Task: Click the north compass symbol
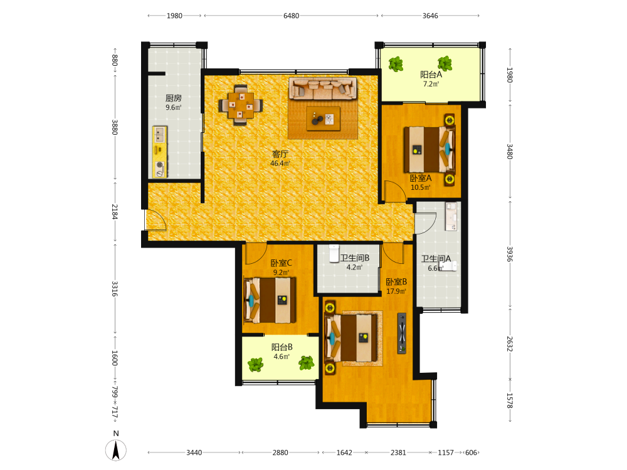(x=116, y=449)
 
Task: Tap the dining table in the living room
(x=241, y=105)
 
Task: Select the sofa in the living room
(x=323, y=88)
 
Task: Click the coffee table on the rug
(x=324, y=118)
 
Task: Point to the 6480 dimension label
(x=291, y=16)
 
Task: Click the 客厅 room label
(x=280, y=154)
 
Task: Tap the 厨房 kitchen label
(x=174, y=98)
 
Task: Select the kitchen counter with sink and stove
(x=160, y=152)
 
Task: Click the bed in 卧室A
(x=429, y=150)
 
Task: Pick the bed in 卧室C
(x=270, y=300)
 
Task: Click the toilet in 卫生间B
(x=334, y=254)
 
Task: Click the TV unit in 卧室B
(x=402, y=333)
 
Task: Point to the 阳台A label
(x=431, y=75)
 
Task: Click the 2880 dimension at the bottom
(x=280, y=452)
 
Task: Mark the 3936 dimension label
(x=510, y=254)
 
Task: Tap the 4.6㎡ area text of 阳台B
(x=282, y=357)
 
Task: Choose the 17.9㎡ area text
(x=396, y=291)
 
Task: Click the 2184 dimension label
(x=115, y=212)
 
